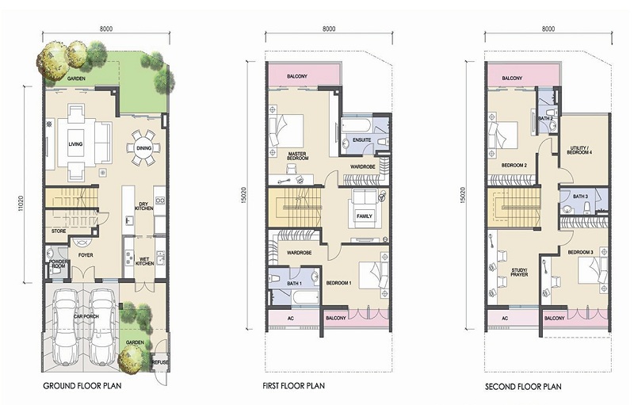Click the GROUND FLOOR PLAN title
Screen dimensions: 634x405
(82, 386)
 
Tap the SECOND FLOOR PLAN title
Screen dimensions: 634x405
(523, 387)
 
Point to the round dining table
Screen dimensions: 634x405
(143, 148)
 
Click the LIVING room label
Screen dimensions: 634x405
(75, 144)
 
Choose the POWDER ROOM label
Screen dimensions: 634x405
(59, 264)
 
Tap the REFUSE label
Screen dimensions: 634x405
(160, 362)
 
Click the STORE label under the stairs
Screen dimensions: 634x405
(59, 231)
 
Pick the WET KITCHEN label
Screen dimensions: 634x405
(144, 261)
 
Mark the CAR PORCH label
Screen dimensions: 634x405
(86, 316)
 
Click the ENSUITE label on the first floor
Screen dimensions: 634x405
(361, 139)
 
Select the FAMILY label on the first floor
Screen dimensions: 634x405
(365, 216)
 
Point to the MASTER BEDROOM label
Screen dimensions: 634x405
(297, 156)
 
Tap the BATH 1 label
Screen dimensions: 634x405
(294, 283)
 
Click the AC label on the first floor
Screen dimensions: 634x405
(290, 318)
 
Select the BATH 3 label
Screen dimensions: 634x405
(580, 197)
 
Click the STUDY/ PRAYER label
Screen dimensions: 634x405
(520, 272)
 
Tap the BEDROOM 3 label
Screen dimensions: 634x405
(580, 252)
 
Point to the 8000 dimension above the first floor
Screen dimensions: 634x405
(329, 29)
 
